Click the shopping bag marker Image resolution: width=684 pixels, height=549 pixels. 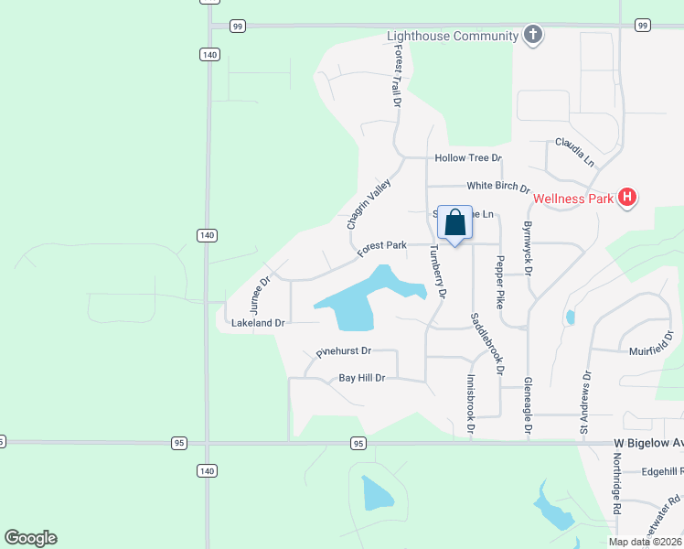(x=454, y=222)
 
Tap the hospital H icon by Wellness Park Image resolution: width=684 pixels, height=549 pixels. (x=627, y=197)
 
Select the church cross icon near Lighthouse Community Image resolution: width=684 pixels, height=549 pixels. (x=533, y=36)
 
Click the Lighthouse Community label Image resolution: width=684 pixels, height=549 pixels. (x=453, y=37)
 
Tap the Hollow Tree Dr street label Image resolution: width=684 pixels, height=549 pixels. (x=468, y=158)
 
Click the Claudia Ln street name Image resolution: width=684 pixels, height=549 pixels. (x=574, y=152)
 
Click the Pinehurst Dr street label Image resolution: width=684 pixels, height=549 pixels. (x=343, y=350)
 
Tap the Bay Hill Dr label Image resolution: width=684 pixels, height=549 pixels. (x=362, y=378)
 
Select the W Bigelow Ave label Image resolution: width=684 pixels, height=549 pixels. (x=647, y=444)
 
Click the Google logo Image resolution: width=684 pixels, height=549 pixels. (x=30, y=538)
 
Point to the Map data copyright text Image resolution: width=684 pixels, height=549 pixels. (x=646, y=542)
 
